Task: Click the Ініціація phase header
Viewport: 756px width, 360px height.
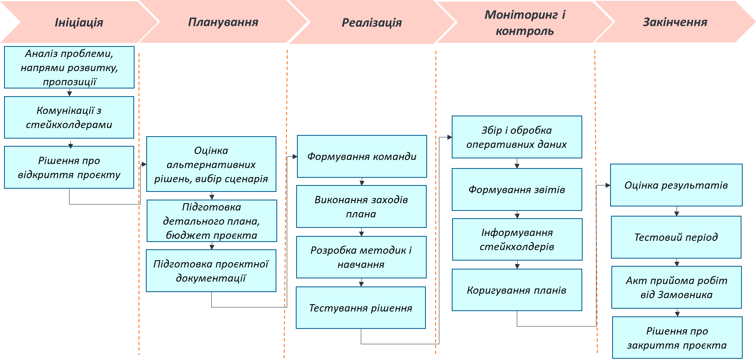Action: click(x=79, y=22)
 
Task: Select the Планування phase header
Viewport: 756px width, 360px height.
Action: click(x=223, y=22)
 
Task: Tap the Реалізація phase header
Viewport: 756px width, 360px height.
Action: click(x=372, y=22)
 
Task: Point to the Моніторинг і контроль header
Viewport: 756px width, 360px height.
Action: click(x=524, y=23)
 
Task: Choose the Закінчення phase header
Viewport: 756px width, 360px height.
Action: click(x=675, y=22)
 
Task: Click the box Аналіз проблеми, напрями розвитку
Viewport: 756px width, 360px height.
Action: click(x=69, y=67)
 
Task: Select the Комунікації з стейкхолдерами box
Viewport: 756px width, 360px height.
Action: click(x=69, y=118)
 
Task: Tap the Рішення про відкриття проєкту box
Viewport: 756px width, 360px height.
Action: click(x=69, y=167)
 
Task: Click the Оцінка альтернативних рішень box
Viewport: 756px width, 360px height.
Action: click(x=211, y=164)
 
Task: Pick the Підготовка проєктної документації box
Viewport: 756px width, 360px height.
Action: click(x=211, y=271)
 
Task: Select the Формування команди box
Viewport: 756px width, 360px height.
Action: click(x=362, y=156)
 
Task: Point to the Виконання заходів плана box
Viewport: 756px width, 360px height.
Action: click(x=361, y=206)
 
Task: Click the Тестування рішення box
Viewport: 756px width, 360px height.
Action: click(x=361, y=308)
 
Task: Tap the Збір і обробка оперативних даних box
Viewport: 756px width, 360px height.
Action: click(x=517, y=137)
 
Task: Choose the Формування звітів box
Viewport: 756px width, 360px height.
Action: click(x=517, y=189)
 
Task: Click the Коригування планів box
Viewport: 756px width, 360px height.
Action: click(x=517, y=290)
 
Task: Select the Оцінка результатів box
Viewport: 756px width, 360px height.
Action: click(x=676, y=185)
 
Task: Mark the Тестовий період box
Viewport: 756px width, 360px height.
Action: click(x=676, y=237)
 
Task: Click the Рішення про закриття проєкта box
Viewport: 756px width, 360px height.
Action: click(x=677, y=338)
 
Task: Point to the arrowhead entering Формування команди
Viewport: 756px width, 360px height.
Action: click(x=295, y=156)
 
